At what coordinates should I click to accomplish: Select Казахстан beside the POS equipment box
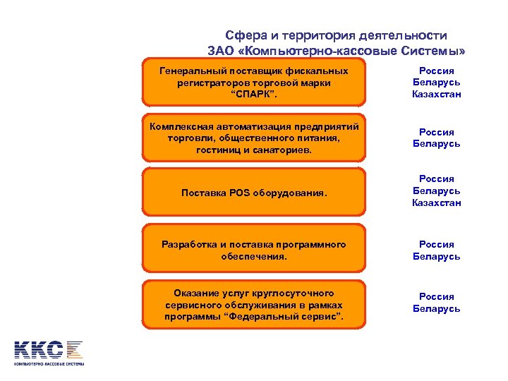point(436,202)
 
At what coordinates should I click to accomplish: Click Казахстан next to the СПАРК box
point(436,94)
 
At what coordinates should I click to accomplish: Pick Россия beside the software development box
point(436,244)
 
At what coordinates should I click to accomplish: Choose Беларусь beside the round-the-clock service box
point(436,308)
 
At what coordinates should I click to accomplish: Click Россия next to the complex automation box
point(436,132)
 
